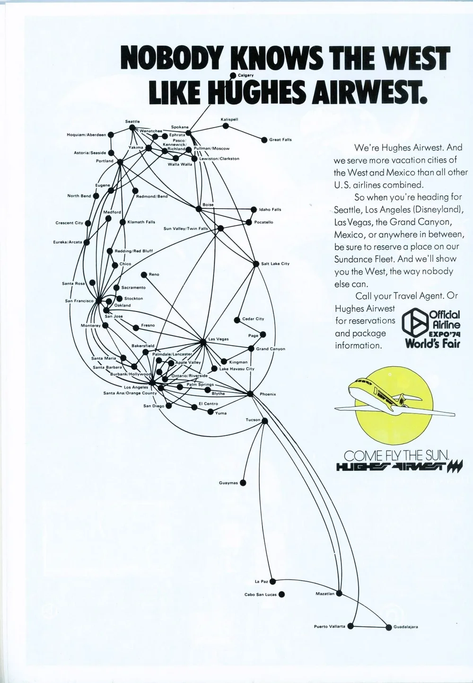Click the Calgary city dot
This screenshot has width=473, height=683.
click(233, 75)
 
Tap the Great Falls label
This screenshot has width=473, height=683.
click(280, 140)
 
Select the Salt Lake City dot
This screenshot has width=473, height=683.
click(256, 264)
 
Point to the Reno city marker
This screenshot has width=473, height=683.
click(144, 275)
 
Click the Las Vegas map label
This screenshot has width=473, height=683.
click(219, 339)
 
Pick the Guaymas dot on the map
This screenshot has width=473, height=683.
click(243, 483)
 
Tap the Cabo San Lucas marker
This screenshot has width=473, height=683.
click(281, 594)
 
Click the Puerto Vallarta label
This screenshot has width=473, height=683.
click(329, 627)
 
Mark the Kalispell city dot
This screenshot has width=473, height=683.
click(226, 126)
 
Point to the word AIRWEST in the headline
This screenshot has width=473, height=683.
click(368, 92)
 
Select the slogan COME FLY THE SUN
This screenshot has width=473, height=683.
click(396, 456)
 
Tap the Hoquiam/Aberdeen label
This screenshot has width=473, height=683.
click(87, 135)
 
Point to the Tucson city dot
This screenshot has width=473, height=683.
click(265, 421)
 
